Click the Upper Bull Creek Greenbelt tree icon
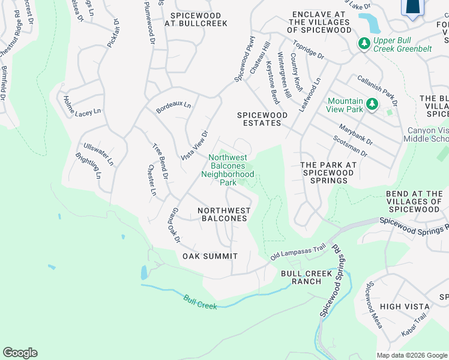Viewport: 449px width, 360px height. click(x=363, y=43)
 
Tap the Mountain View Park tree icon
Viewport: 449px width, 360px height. click(x=372, y=105)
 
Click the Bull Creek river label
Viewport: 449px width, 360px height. click(x=200, y=302)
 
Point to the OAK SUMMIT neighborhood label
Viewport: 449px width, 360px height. click(x=210, y=256)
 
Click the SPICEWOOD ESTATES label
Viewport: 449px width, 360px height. click(x=259, y=119)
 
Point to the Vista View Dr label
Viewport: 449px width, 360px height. click(x=194, y=145)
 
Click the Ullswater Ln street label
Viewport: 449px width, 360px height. click(x=98, y=154)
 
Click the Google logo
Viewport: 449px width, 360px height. click(x=20, y=353)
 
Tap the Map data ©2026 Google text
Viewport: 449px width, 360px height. click(x=411, y=355)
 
